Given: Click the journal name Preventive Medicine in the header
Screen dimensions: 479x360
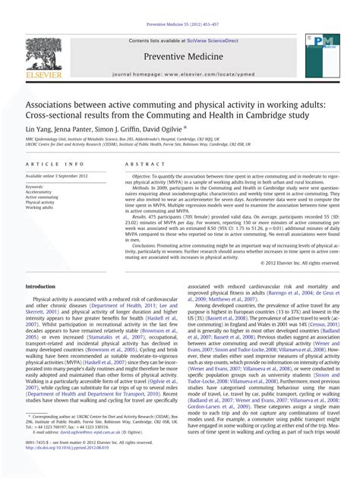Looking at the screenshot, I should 180,56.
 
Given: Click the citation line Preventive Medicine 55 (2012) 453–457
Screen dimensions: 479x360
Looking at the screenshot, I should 180,24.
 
